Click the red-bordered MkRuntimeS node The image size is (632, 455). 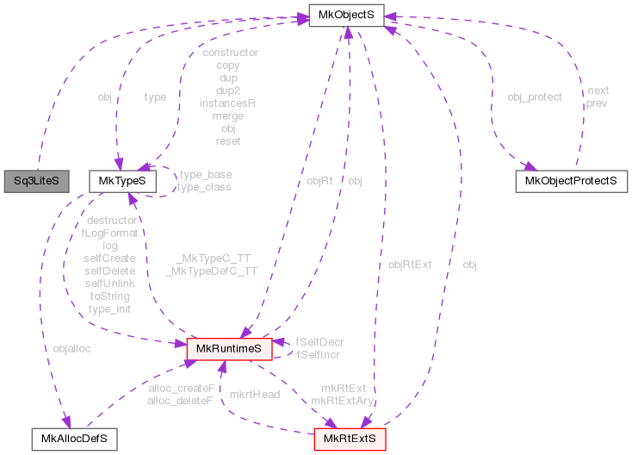pyautogui.click(x=230, y=347)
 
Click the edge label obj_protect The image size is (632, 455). pyautogui.click(x=535, y=97)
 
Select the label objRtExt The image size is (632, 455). pyautogui.click(x=410, y=265)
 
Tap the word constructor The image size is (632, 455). pyautogui.click(x=229, y=53)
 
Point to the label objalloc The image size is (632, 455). pyautogui.click(x=71, y=349)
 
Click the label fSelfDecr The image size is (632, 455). pyautogui.click(x=319, y=342)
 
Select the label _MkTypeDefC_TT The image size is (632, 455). pyautogui.click(x=211, y=271)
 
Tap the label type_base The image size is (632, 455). pyautogui.click(x=205, y=174)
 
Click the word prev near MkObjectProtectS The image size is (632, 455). pyautogui.click(x=597, y=103)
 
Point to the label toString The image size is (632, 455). pyautogui.click(x=109, y=296)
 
